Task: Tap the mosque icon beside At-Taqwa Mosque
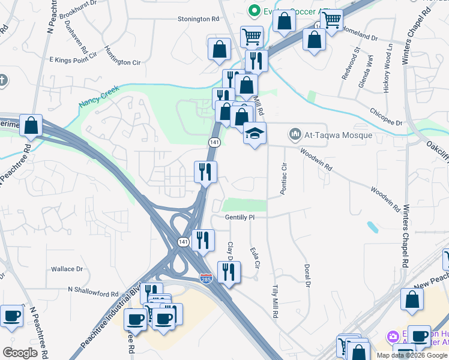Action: (x=294, y=133)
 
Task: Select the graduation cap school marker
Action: (x=255, y=134)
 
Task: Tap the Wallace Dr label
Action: (x=65, y=269)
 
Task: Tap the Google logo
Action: (x=20, y=352)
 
